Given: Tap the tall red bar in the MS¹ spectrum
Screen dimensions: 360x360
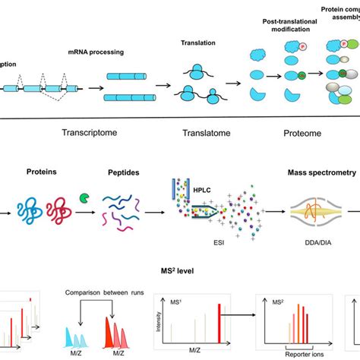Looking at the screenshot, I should pos(221,322).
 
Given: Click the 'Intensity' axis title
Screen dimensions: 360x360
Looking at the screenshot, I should pos(156,321).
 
